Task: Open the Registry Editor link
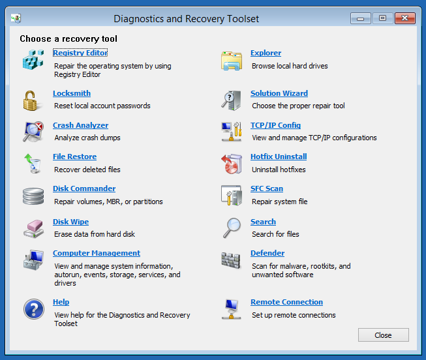pos(80,53)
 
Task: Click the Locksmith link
pos(72,93)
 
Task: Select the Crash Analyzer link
pos(80,125)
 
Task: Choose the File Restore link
pos(75,157)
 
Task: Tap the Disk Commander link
pos(84,188)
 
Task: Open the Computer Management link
pos(97,253)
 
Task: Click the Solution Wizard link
pos(279,93)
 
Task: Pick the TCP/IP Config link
pos(275,125)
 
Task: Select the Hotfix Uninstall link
pos(279,157)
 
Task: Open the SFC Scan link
pos(267,188)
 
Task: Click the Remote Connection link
pos(286,302)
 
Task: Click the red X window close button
pos(405,18)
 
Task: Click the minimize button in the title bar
pos(361,18)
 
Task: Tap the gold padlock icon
pos(31,101)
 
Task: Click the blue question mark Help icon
pos(34,309)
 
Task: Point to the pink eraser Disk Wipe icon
pos(34,229)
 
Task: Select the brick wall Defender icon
pos(231,260)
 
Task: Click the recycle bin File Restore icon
pos(33,164)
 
